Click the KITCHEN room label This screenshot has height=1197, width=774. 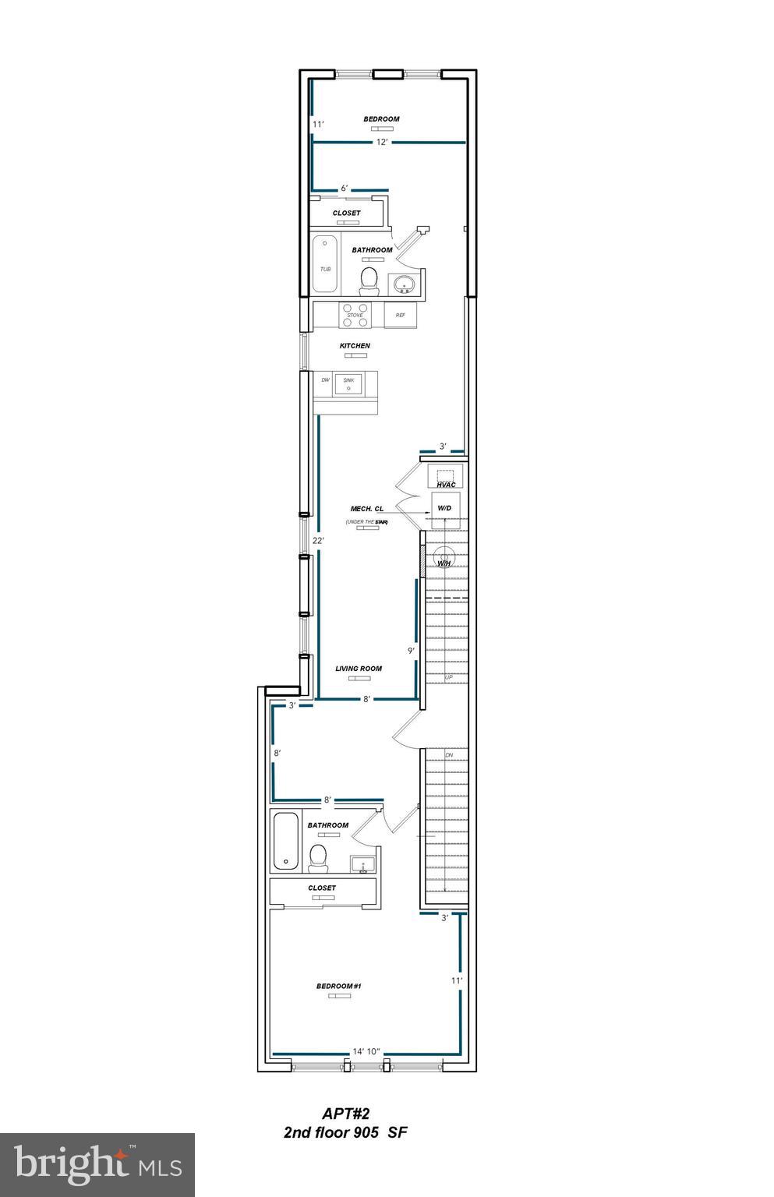[x=354, y=345]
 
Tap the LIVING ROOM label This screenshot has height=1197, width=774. [x=359, y=669]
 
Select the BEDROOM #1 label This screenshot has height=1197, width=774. [x=338, y=987]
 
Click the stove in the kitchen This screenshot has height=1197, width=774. [x=355, y=314]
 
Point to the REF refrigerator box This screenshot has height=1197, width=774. [x=400, y=315]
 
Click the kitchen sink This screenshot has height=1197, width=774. [x=348, y=383]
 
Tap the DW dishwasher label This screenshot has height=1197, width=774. [x=325, y=380]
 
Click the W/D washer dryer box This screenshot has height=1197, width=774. [x=445, y=507]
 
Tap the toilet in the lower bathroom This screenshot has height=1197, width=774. [x=317, y=858]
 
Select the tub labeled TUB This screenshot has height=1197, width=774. [x=325, y=265]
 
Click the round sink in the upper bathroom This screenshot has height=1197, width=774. [x=404, y=285]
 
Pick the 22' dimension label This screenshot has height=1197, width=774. [x=317, y=540]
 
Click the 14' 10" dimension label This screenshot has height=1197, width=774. [x=366, y=1051]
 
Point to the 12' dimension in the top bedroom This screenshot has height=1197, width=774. [x=382, y=143]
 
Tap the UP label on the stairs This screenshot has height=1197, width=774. [x=449, y=677]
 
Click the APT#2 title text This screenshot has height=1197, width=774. [x=345, y=1114]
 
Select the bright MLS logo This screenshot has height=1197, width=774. [x=97, y=1164]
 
